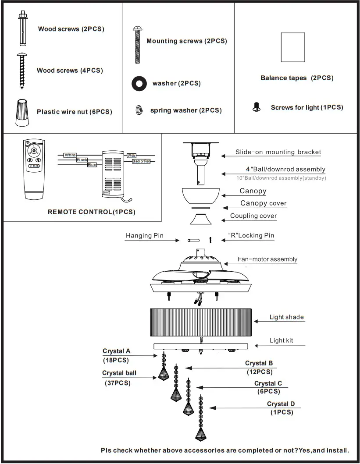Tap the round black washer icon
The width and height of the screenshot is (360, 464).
point(139,83)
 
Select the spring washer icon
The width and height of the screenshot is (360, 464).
point(139,110)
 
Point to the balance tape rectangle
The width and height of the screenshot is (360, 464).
point(292,47)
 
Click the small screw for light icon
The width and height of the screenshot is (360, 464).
point(257,107)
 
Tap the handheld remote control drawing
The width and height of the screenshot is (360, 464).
point(34,166)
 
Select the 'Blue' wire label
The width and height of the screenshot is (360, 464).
point(92,165)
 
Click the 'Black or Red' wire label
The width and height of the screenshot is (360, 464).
point(141,162)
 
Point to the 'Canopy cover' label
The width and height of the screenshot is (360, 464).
point(263,203)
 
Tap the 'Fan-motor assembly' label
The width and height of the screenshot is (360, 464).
point(267,259)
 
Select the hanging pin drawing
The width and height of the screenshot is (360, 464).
point(193,240)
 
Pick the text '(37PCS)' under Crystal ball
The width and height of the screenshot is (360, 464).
point(118,383)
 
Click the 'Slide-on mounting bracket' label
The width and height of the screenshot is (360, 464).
point(278,152)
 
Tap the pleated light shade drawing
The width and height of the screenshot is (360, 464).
point(200,322)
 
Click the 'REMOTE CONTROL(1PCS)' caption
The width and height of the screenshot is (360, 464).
point(91,212)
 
